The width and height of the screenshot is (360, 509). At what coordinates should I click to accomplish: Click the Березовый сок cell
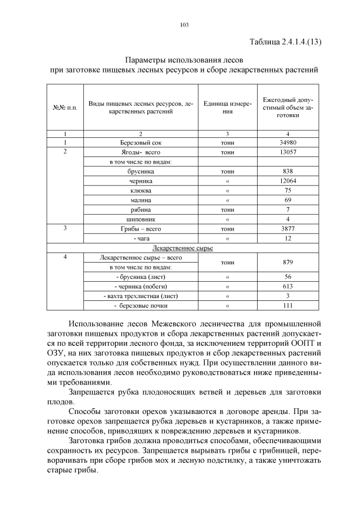coord(141,143)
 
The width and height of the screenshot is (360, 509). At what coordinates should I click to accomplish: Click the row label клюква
coord(141,190)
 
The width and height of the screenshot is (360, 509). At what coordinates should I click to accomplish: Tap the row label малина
coord(141,200)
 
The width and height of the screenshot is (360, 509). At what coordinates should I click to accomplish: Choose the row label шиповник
coord(141,219)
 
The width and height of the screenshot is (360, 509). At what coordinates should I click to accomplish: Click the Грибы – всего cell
coord(141,228)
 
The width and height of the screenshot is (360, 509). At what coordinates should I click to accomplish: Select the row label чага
coord(141,238)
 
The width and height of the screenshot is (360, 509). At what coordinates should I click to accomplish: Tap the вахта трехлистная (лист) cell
coord(141,296)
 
